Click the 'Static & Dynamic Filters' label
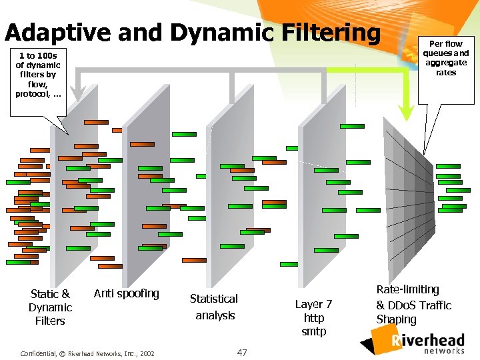pos(50,307)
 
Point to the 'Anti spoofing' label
pos(127,293)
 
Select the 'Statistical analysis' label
pos(214,307)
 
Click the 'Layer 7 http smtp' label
pos(314,317)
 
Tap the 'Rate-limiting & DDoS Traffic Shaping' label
pos(413,305)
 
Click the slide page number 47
pos(242,352)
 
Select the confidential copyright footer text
pos(87,353)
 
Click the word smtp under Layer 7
pos(314,331)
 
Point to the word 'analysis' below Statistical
pos(215,315)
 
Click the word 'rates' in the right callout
pos(446,73)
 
